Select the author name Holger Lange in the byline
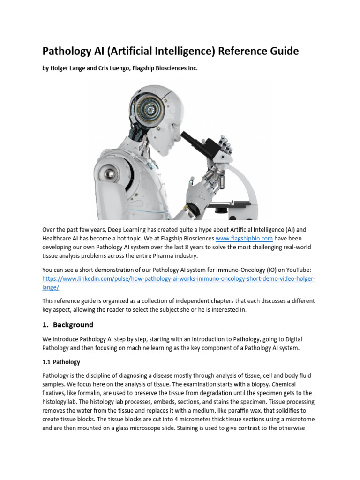pos(71,68)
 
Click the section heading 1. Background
pos(68,324)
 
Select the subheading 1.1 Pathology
pos(61,362)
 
